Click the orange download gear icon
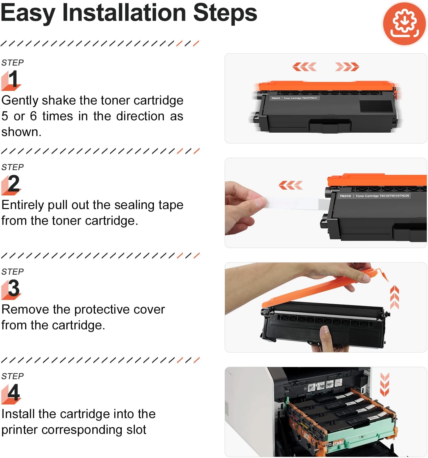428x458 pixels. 404,24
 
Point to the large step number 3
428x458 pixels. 13,288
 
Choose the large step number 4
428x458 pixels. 14,393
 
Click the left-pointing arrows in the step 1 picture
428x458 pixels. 304,66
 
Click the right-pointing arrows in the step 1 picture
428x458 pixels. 347,66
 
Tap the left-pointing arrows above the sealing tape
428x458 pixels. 290,185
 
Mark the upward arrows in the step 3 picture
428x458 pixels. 395,297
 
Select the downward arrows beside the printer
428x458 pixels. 384,384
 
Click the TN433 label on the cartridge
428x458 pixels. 276,98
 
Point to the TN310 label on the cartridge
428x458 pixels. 345,196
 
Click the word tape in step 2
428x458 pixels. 171,205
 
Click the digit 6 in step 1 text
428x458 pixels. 33,116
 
